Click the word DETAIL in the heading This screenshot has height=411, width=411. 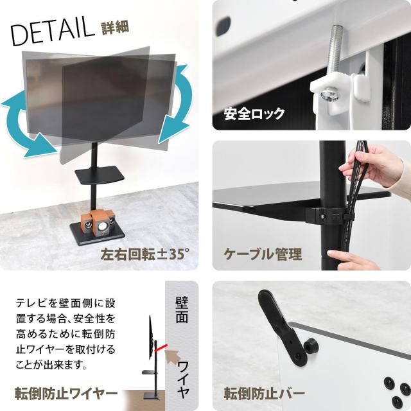53,31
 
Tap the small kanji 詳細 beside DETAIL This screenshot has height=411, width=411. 115,28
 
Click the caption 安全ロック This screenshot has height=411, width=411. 254,114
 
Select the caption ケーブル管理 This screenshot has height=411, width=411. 263,254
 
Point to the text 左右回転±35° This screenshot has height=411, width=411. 145,254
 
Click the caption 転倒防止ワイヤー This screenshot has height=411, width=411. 66,394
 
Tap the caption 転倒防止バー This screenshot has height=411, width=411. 264,394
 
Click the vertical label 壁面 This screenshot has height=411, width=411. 182,310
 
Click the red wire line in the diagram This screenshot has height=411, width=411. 161,347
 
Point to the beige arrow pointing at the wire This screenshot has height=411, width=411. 173,357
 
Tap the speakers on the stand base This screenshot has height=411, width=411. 100,222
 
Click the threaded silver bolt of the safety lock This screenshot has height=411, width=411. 335,51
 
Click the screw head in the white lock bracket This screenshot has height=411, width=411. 330,95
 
